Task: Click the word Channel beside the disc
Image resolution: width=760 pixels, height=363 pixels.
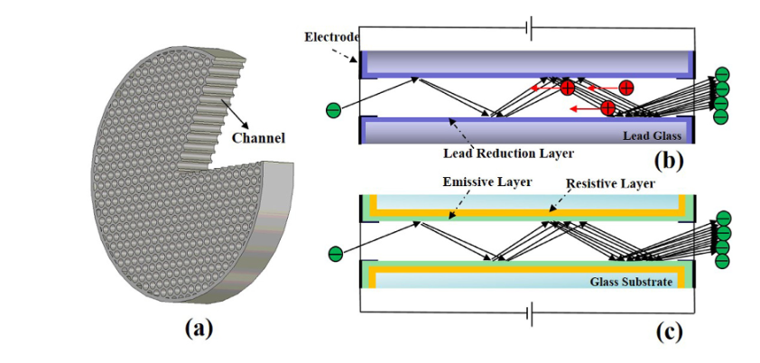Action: [x=259, y=139]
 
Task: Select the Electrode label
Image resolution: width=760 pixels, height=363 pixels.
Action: [x=331, y=37]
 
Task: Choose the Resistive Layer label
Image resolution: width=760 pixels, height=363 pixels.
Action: [x=607, y=183]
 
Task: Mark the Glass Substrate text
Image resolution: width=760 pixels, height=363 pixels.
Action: [x=632, y=283]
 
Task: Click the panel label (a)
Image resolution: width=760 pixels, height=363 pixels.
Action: [x=199, y=329]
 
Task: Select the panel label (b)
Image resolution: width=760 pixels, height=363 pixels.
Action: [x=670, y=162]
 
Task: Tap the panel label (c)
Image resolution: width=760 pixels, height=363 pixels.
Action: [x=669, y=331]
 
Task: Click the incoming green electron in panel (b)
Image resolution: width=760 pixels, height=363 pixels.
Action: [x=333, y=110]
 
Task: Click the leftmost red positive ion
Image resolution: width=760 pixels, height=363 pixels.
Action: [x=567, y=88]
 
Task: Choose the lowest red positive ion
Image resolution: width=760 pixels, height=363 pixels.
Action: [x=608, y=107]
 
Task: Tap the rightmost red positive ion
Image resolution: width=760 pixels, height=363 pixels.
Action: [x=626, y=88]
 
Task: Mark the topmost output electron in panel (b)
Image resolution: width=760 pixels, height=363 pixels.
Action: [x=721, y=75]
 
